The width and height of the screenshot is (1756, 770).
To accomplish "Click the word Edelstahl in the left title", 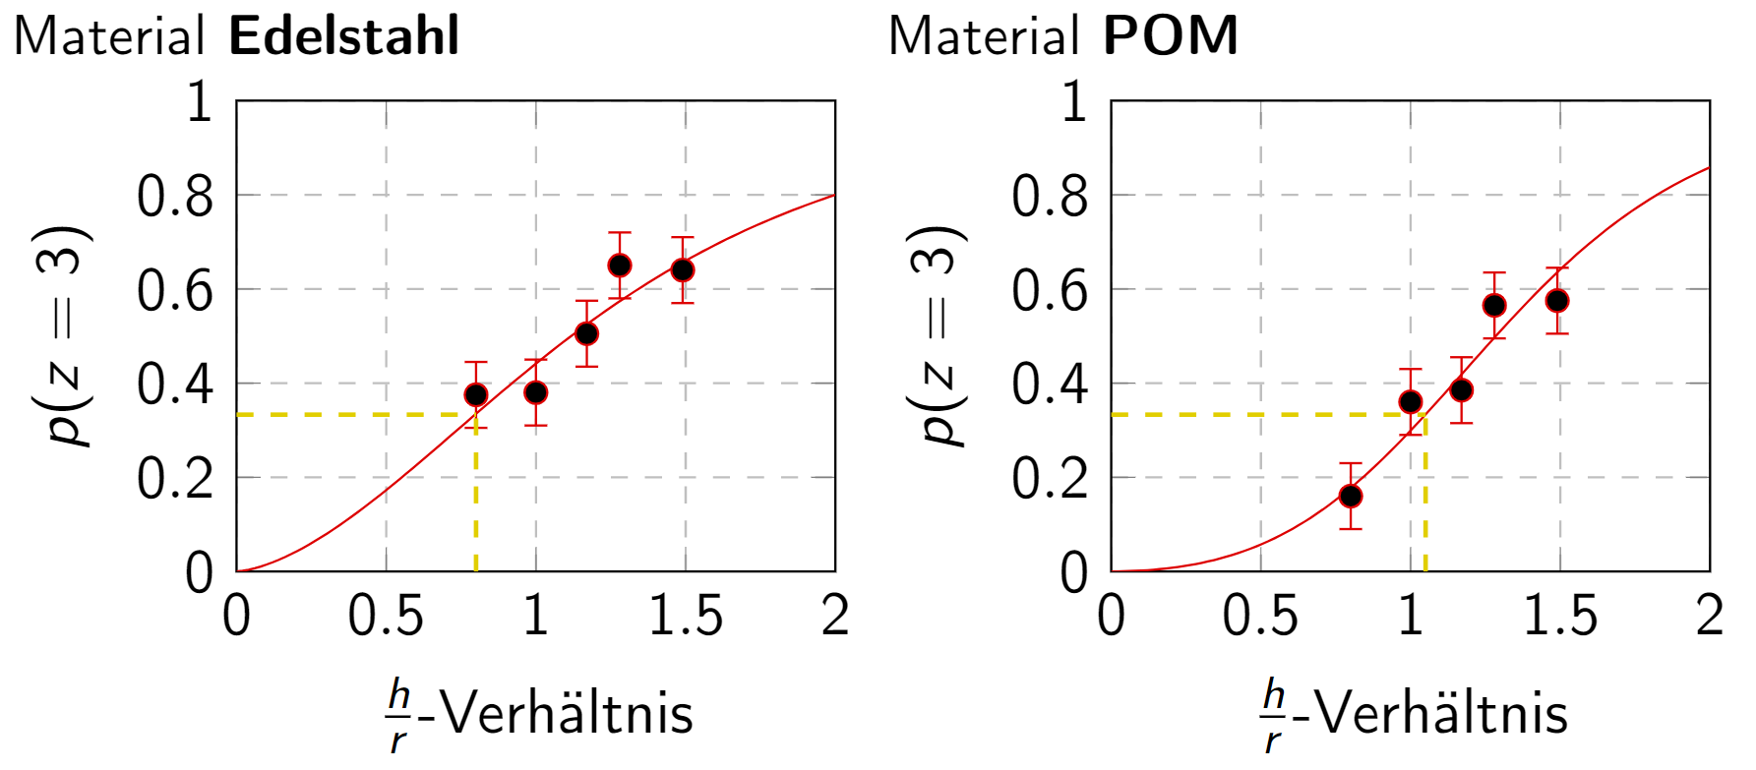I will point(343,36).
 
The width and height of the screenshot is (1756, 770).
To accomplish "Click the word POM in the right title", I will point(1170,36).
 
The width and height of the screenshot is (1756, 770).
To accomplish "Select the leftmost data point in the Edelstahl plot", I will point(476,395).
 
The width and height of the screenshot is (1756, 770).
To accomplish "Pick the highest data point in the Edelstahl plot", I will point(620,266).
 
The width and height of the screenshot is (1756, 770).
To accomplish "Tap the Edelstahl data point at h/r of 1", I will point(536,392).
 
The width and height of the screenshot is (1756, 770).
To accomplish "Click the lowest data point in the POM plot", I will point(1351,496).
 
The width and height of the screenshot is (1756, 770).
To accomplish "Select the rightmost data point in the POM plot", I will point(1556,301).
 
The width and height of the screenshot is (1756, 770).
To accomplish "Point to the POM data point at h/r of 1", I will point(1411,401).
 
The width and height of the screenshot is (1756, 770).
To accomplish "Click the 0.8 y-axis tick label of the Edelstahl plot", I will point(175,197).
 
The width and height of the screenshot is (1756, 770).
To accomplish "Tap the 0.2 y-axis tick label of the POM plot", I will point(1050,479).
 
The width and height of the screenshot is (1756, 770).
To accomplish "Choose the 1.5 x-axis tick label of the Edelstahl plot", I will point(686,617).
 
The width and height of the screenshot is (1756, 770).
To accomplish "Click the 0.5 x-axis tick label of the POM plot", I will point(1260,617).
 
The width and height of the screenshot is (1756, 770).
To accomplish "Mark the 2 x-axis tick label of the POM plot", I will point(1710,617).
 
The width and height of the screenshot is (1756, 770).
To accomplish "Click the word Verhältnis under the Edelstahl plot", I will point(567,713).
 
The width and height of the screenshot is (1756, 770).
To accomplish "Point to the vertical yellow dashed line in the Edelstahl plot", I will point(476,511).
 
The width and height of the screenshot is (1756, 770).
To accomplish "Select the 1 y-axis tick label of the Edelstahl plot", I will point(200,102).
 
